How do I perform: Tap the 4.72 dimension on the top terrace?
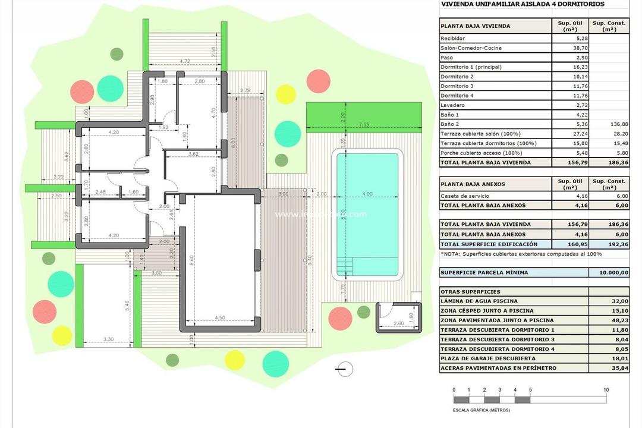pyautogui.click(x=185, y=61)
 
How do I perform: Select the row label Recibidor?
pyautogui.click(x=453, y=39)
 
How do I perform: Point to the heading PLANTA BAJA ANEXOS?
pyautogui.click(x=473, y=184)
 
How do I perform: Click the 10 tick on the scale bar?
pyautogui.click(x=606, y=390)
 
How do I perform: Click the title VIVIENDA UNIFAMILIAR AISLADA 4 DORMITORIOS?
pyautogui.click(x=522, y=4)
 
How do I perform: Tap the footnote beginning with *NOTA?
pyautogui.click(x=521, y=254)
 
